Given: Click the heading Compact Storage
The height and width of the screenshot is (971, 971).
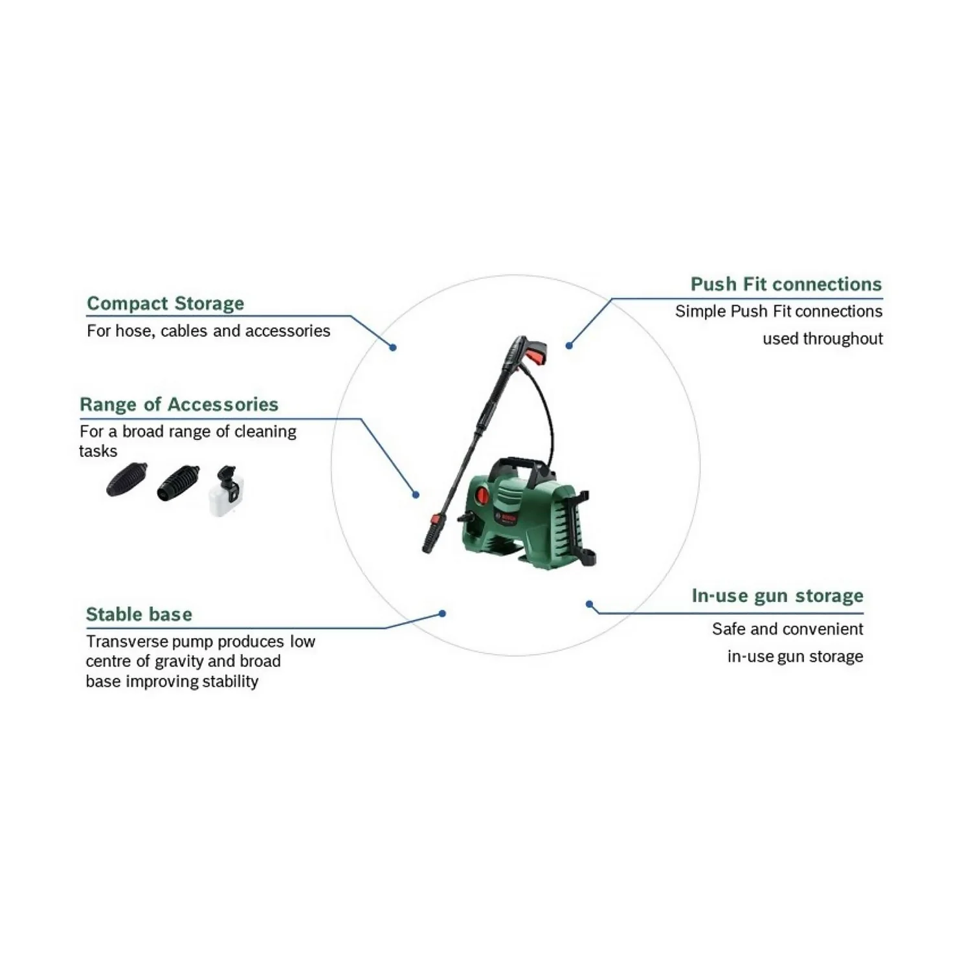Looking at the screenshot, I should pyautogui.click(x=165, y=303).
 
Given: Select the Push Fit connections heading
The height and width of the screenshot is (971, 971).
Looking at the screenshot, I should pyautogui.click(x=786, y=284).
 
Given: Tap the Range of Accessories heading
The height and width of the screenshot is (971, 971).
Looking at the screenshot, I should pyautogui.click(x=179, y=405).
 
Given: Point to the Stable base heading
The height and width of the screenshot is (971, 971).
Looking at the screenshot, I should pyautogui.click(x=139, y=614).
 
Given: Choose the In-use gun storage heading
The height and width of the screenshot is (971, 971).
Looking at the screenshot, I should pyautogui.click(x=777, y=596).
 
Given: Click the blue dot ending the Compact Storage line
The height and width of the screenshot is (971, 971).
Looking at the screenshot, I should pyautogui.click(x=393, y=348).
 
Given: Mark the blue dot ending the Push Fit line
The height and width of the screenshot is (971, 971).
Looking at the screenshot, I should pyautogui.click(x=569, y=346).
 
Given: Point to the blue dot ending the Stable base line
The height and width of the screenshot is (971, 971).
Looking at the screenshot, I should pyautogui.click(x=442, y=614).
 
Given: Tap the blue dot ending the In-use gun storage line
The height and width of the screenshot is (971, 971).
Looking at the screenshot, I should pyautogui.click(x=589, y=605).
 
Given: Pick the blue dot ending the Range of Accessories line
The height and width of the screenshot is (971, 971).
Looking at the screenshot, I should pyautogui.click(x=416, y=495).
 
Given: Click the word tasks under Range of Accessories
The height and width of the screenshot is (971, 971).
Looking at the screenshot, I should pyautogui.click(x=98, y=451).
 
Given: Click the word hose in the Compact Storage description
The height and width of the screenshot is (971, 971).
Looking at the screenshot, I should pyautogui.click(x=134, y=331).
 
